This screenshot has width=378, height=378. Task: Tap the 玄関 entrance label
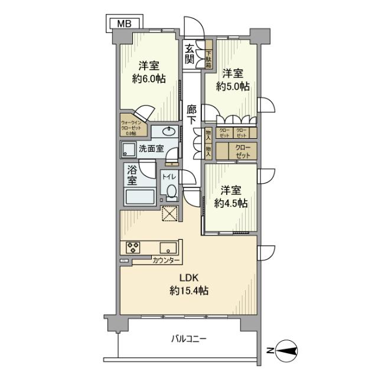coord(189,54)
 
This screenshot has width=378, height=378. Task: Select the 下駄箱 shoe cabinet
coord(209,55)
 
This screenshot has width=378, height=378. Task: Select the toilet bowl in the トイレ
coord(171,192)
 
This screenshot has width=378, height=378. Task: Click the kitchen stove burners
coord(131,247)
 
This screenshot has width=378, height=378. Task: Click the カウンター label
coord(166,260)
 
